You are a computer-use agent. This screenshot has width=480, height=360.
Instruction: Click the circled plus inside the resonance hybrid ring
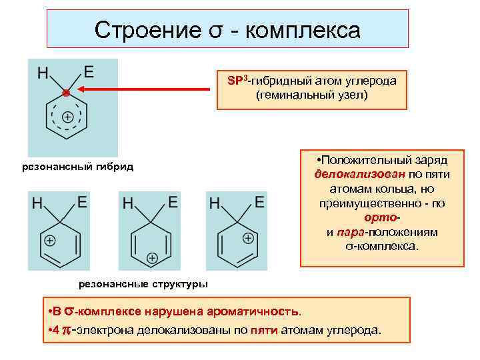pos(67,117)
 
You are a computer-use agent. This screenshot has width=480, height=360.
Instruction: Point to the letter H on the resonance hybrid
pos(43,72)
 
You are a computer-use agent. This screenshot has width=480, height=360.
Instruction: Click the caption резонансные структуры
pos(143,284)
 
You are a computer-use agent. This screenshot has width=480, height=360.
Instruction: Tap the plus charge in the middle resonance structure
pos(152,257)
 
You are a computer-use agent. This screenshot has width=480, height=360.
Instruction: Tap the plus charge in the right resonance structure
pos(247,238)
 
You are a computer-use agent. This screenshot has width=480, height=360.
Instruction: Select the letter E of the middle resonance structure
pos(173,200)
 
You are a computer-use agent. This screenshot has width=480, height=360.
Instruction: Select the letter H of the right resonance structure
pos(215,202)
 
